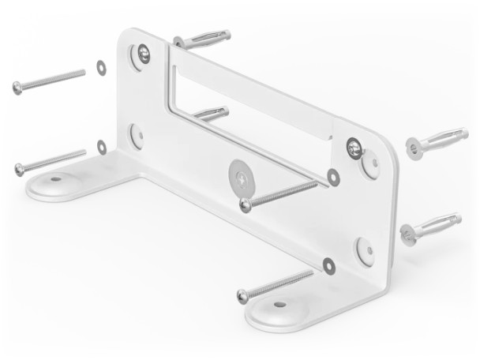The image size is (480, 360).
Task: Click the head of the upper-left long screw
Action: pos(17,88)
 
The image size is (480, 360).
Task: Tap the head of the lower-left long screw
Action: pos(20,169)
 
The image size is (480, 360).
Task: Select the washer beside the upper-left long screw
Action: pos(102,68)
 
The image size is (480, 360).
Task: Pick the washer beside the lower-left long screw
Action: pos(102,146)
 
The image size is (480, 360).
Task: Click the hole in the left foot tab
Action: pos(55,179)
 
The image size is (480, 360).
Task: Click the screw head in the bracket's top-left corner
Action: pos(143,53)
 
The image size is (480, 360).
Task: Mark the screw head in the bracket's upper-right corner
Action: pos(354,146)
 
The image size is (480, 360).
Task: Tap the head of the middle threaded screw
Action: pos(246,205)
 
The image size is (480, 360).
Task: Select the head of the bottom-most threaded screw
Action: pos(243,296)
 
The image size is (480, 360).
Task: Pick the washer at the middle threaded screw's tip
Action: pos(333,177)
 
